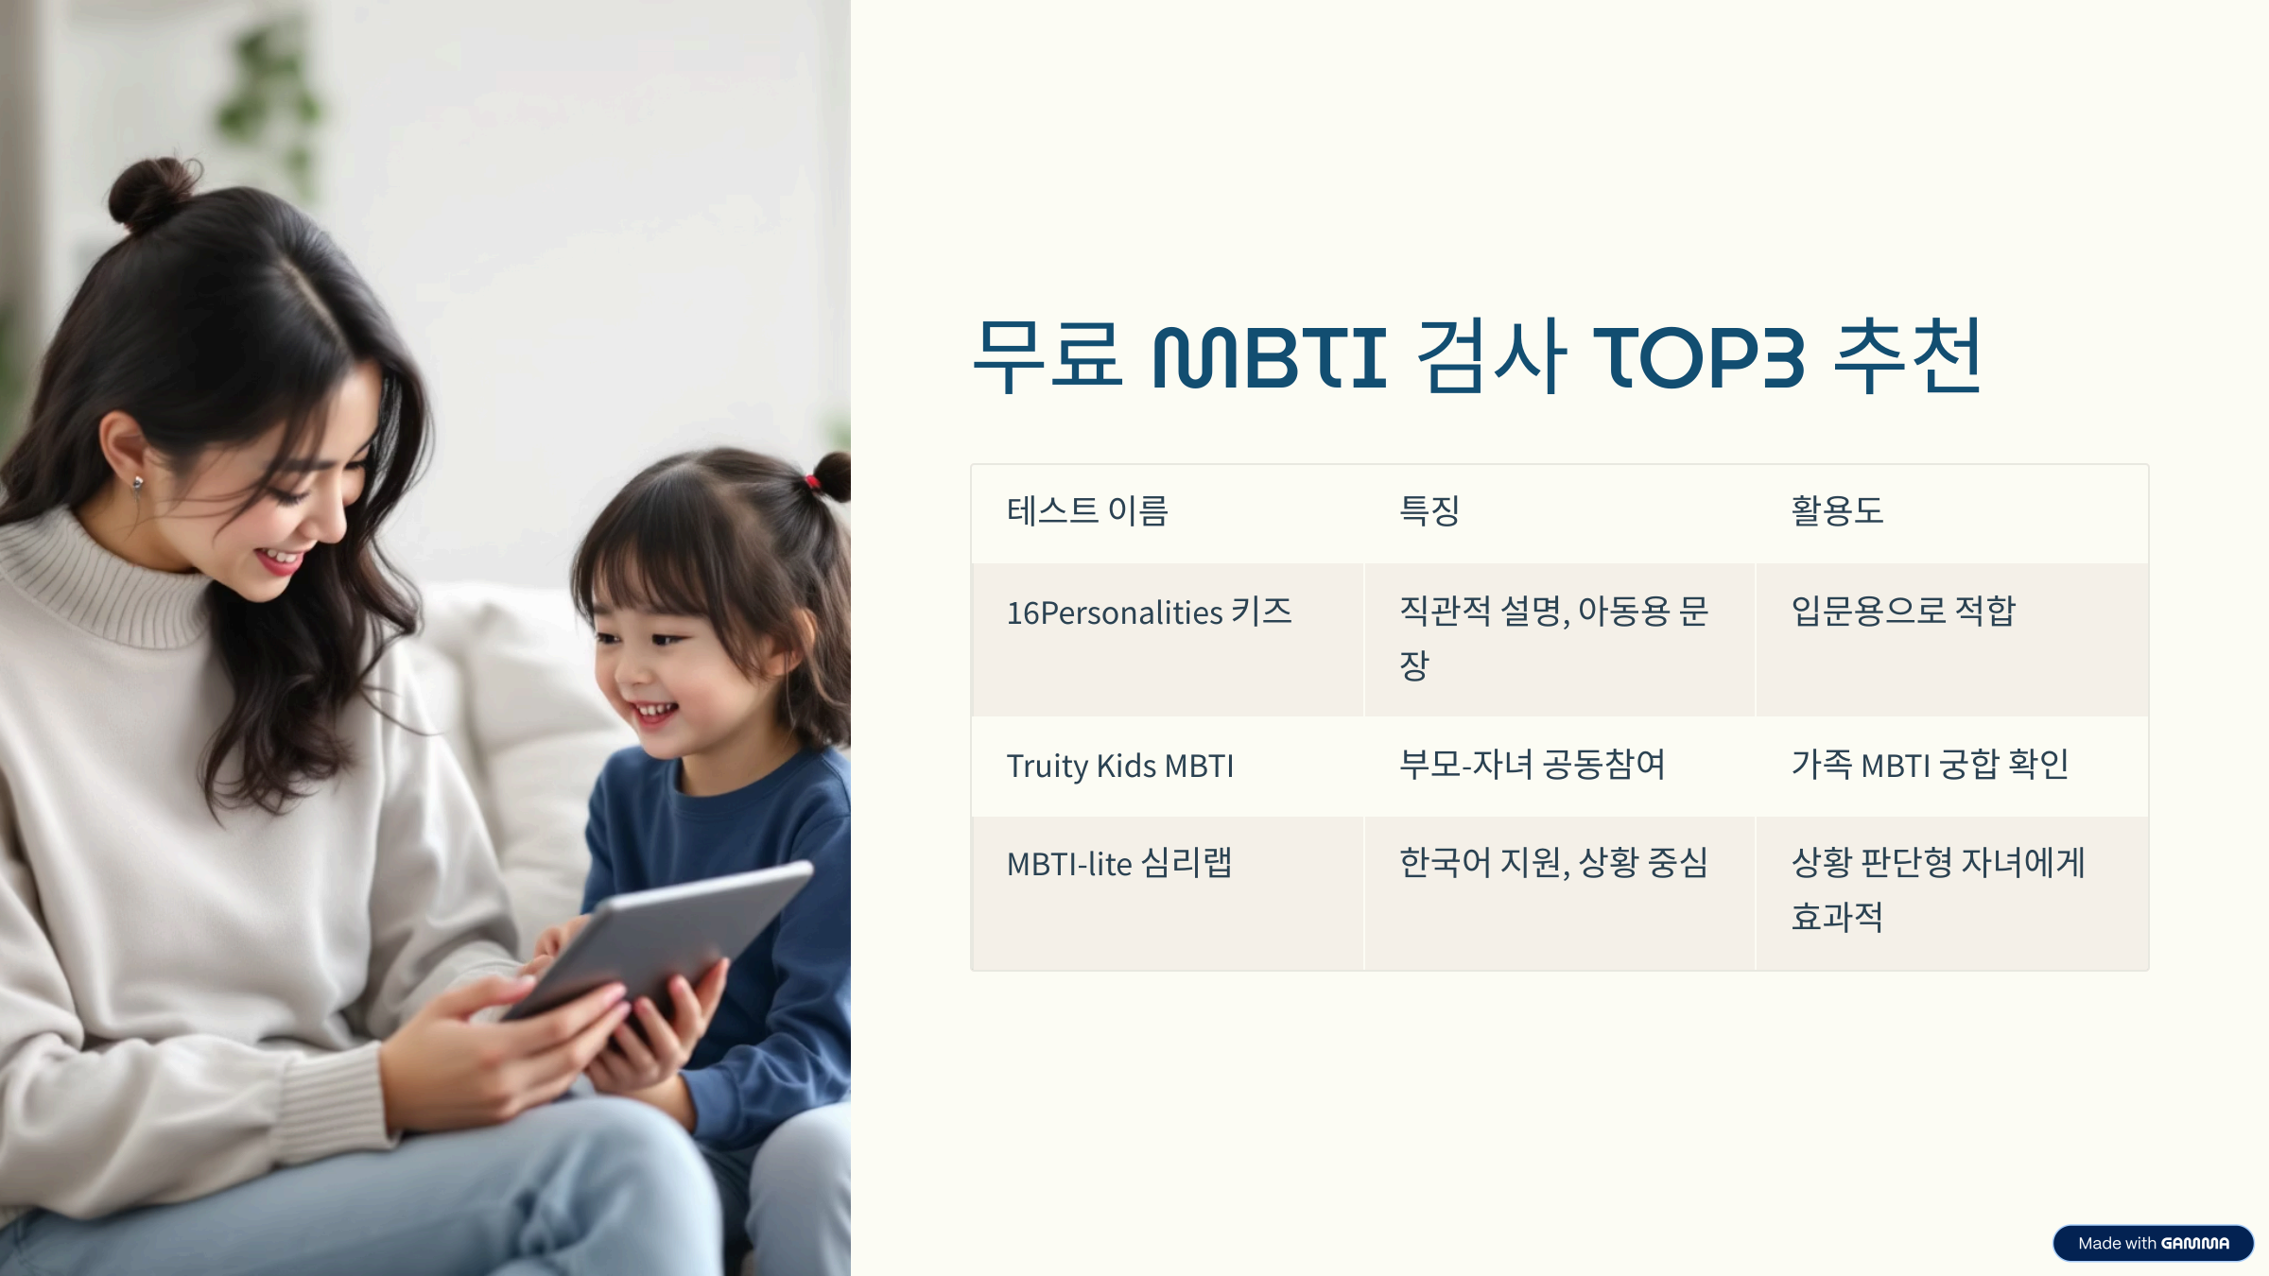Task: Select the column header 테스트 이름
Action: pos(1087,511)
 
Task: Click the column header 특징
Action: pos(1429,511)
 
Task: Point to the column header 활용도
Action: pos(1837,511)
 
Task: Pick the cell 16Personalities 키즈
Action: pos(1149,612)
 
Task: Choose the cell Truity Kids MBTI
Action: pos(1119,766)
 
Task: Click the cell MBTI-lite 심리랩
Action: pos(1119,864)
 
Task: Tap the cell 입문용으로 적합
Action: pos(1903,612)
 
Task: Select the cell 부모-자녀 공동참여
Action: pos(1532,765)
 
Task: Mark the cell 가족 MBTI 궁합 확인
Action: pos(1930,765)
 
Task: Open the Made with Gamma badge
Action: pos(2153,1243)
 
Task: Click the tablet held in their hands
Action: pos(662,936)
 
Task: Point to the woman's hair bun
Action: pos(151,194)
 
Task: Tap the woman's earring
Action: pos(138,486)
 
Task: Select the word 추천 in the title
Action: pos(1907,357)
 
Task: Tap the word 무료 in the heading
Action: pos(1048,357)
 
